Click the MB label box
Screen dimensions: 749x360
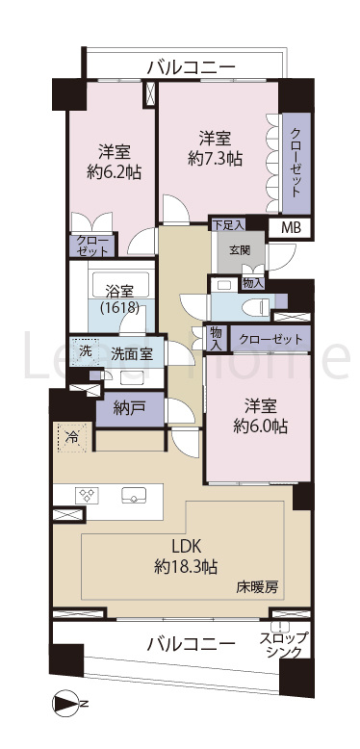pyautogui.click(x=290, y=228)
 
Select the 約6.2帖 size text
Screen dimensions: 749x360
pyautogui.click(x=111, y=174)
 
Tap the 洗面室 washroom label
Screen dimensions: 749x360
pyautogui.click(x=131, y=353)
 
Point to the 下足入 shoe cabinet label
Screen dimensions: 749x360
pyautogui.click(x=227, y=223)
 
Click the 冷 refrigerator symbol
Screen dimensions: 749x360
pyautogui.click(x=71, y=436)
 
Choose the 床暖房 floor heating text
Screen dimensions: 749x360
pyautogui.click(x=258, y=586)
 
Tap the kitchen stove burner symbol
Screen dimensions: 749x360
pyautogui.click(x=88, y=495)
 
